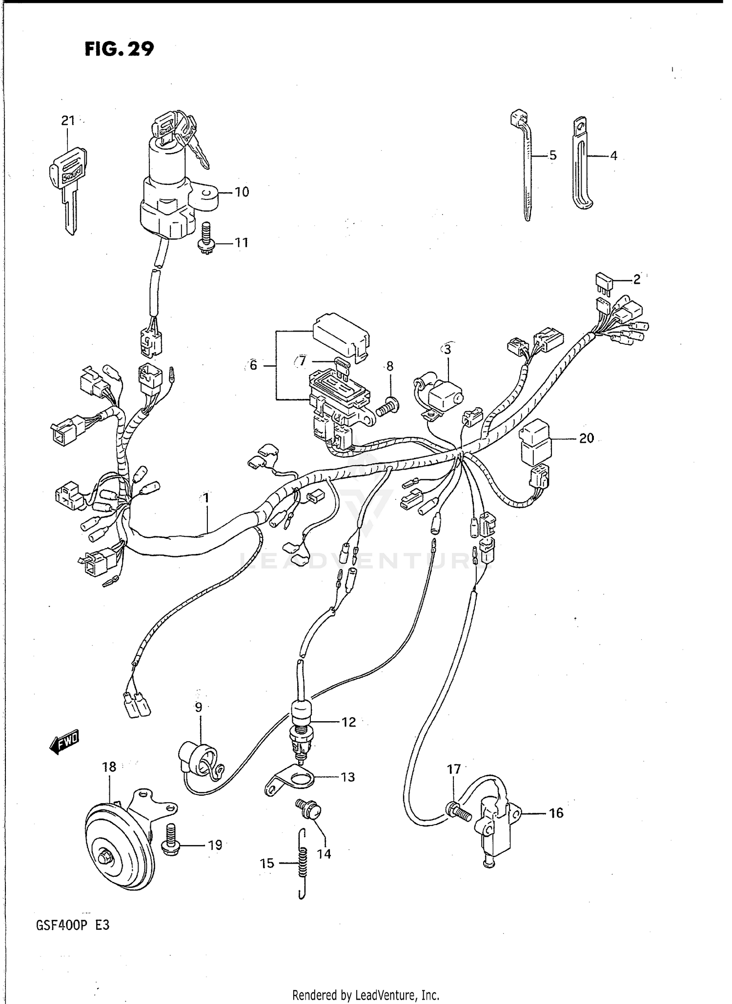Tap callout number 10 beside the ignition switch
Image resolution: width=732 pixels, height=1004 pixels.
[242, 192]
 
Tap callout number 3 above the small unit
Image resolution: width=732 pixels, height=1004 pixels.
[447, 349]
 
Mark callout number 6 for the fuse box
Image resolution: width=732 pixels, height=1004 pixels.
[253, 365]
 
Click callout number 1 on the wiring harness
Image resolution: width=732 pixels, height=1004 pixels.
[206, 498]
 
